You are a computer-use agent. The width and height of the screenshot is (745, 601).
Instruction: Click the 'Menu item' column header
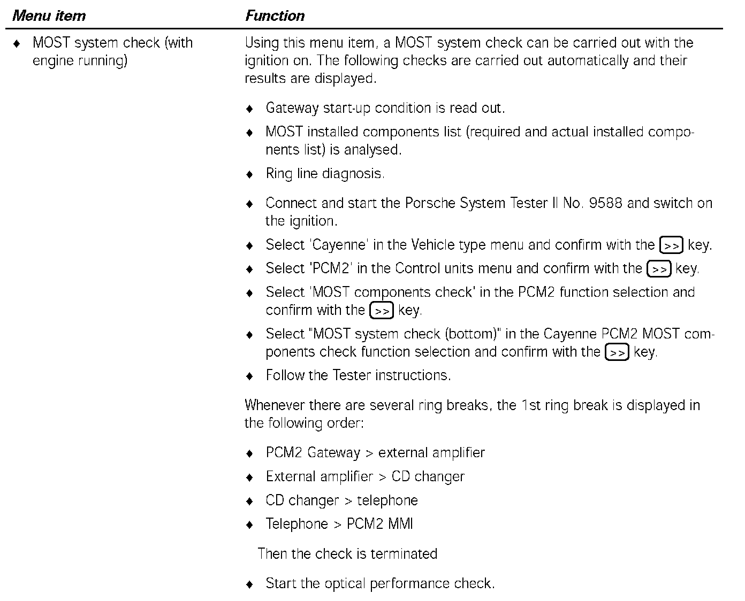[49, 16]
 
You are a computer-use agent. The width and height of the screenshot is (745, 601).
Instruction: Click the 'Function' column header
[275, 16]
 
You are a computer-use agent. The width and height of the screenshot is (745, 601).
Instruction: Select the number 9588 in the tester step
[605, 203]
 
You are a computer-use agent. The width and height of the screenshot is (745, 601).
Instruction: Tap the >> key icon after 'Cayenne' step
[671, 245]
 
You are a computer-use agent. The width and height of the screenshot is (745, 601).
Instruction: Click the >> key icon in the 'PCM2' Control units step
[659, 269]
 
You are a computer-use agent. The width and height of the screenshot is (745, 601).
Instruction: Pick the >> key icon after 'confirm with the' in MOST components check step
[382, 311]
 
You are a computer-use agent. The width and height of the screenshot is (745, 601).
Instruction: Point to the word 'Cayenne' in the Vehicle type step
[339, 245]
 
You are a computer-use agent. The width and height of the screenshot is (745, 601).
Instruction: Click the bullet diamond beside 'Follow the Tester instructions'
[249, 376]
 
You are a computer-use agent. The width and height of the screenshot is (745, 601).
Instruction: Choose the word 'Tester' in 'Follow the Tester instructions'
[352, 375]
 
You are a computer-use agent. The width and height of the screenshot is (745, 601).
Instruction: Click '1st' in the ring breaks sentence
[530, 405]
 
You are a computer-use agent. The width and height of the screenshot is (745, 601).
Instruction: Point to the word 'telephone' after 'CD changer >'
[387, 500]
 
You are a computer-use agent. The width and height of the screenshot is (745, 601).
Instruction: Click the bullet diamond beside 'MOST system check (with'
[18, 43]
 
